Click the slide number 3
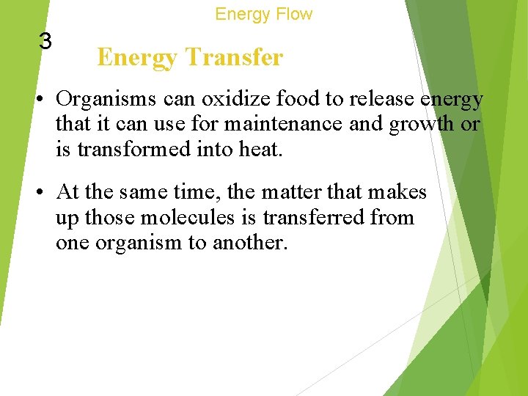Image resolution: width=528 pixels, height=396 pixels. coord(45,41)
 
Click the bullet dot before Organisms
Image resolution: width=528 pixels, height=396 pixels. coord(43,99)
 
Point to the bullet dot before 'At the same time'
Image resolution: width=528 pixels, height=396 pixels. coord(43,193)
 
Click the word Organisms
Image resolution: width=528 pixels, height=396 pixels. coord(102,99)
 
